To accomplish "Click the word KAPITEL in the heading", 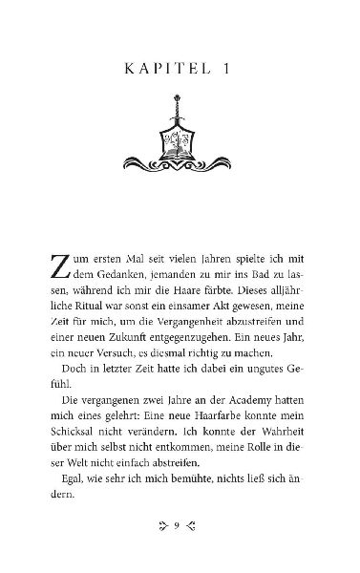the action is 158,69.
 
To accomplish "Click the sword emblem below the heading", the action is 180,133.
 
